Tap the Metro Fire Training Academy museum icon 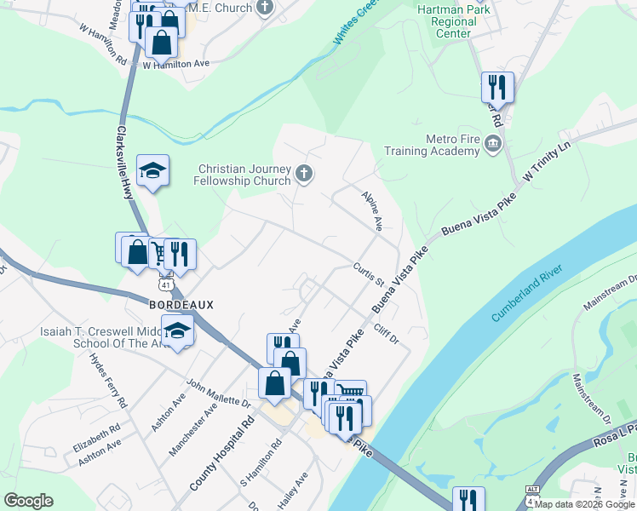point(492,145)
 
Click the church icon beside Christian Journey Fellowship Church point(304,175)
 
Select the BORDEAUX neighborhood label point(181,304)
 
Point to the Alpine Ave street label point(373,210)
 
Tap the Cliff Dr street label point(385,334)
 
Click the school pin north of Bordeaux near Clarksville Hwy point(152,172)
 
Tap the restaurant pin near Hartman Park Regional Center point(496,87)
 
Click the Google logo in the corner point(29,501)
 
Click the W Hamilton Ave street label point(175,64)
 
